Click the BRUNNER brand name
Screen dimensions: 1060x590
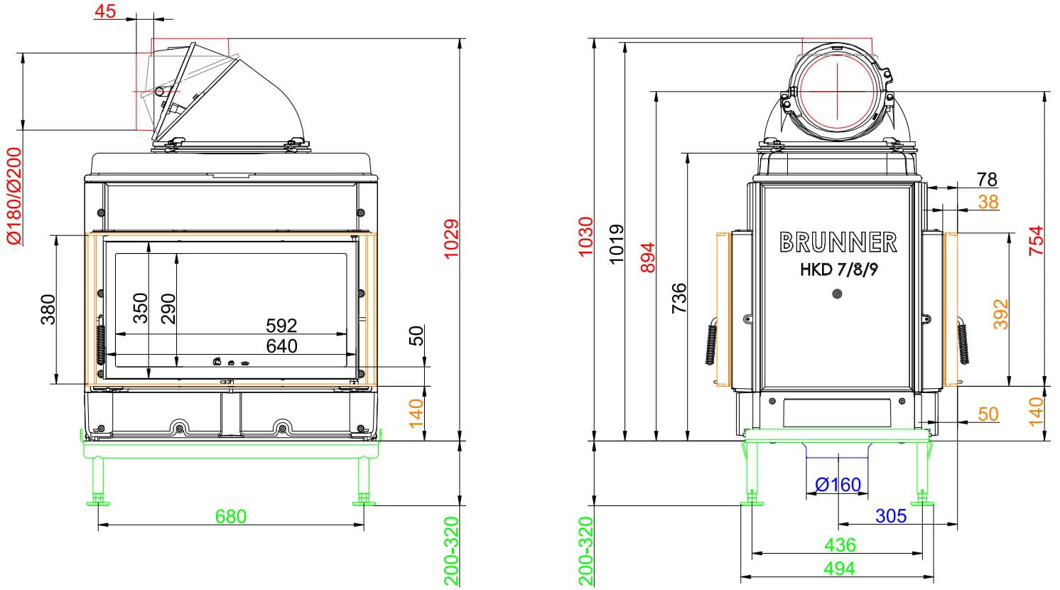(x=838, y=242)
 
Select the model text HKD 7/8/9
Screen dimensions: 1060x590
(x=838, y=269)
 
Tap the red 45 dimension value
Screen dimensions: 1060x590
(x=105, y=11)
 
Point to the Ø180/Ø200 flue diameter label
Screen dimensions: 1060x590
(x=14, y=196)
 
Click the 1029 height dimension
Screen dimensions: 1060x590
(x=451, y=239)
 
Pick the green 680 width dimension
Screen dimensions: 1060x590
(x=231, y=516)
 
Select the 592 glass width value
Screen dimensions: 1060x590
(x=281, y=326)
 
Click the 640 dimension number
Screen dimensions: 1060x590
(x=281, y=346)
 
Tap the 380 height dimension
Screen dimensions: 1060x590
(x=48, y=309)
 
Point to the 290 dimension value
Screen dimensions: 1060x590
(x=168, y=309)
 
